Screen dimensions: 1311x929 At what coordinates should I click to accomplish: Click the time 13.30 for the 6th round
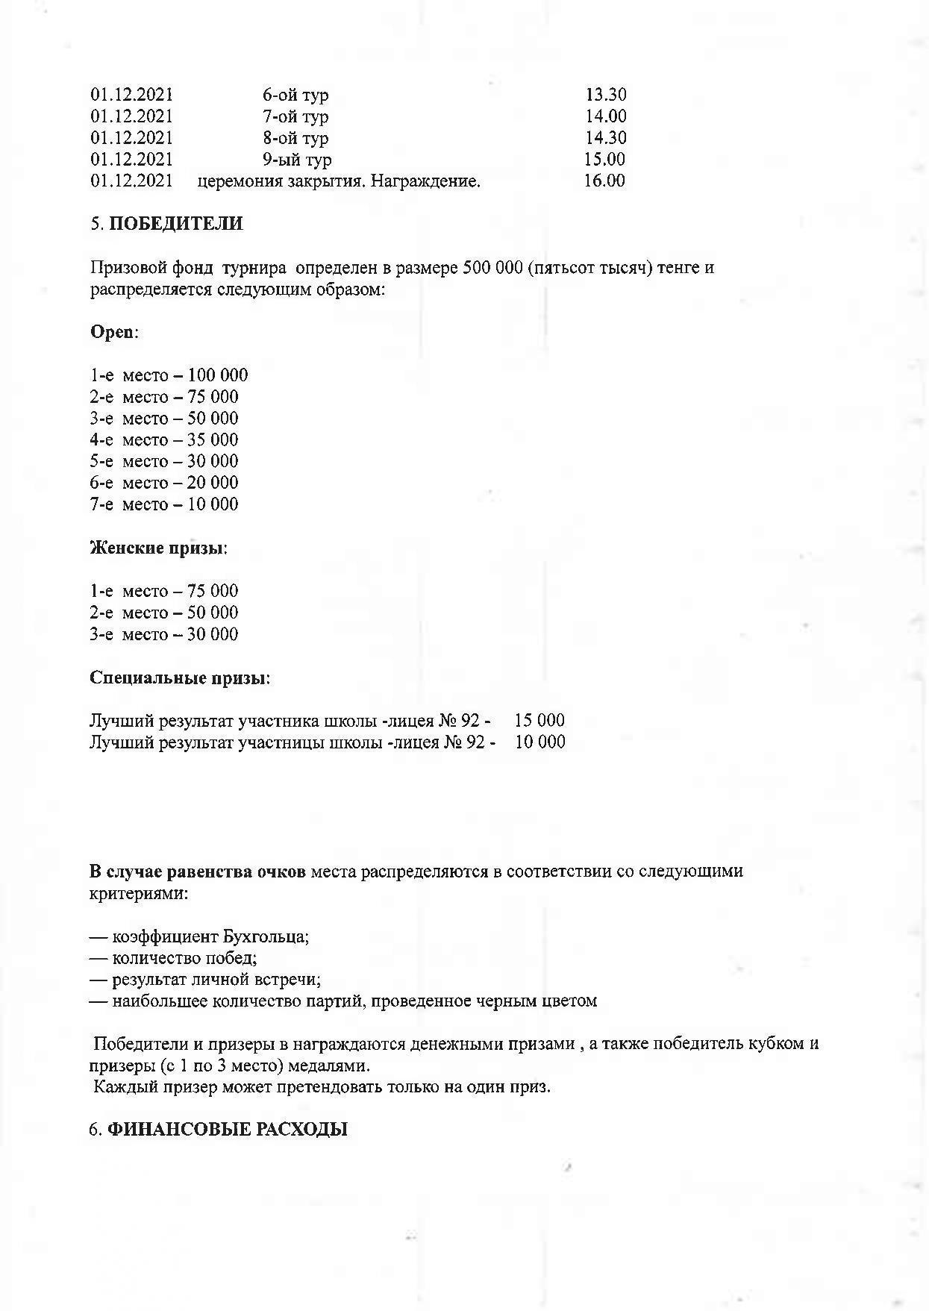coord(605,95)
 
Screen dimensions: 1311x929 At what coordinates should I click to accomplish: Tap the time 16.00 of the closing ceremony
coord(604,181)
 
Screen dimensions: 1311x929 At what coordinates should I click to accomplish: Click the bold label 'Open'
coord(112,332)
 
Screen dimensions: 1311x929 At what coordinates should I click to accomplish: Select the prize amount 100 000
coord(217,375)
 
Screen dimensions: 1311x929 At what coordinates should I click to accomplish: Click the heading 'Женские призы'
coord(157,548)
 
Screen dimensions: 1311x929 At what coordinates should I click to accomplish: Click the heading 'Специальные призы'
coord(178,678)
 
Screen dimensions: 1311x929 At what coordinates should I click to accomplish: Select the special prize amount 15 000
coord(539,721)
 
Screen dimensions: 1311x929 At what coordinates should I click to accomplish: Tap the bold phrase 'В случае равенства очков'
coord(197,872)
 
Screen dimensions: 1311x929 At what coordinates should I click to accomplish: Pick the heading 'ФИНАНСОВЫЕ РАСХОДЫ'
coord(228,1130)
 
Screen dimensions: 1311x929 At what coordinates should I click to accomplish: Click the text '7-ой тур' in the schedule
coord(295,116)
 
